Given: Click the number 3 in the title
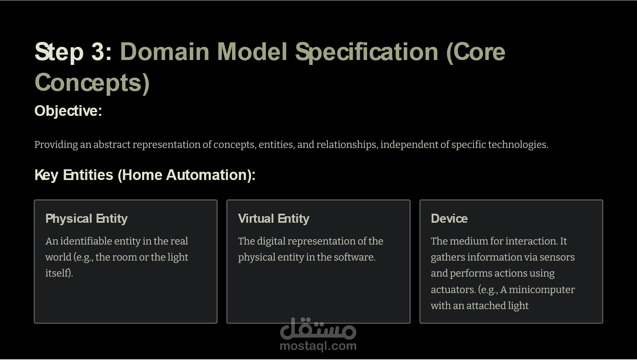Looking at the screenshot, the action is coord(98,52).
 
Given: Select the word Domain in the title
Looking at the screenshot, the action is coord(165,52).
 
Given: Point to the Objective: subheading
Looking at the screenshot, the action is coord(68,111).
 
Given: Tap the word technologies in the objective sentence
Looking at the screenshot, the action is coord(518,145).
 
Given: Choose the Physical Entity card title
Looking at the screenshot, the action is coord(86,219).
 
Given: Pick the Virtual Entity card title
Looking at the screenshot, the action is coord(274,219).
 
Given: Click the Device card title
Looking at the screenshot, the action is coord(449,219).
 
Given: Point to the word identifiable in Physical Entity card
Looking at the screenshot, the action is coord(86,241).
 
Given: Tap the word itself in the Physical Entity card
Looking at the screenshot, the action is coord(59,273).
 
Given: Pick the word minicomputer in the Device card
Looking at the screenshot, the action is coord(542,290).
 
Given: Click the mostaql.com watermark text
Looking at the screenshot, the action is coord(318,346).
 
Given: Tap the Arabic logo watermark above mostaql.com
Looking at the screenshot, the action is coord(318,329).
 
